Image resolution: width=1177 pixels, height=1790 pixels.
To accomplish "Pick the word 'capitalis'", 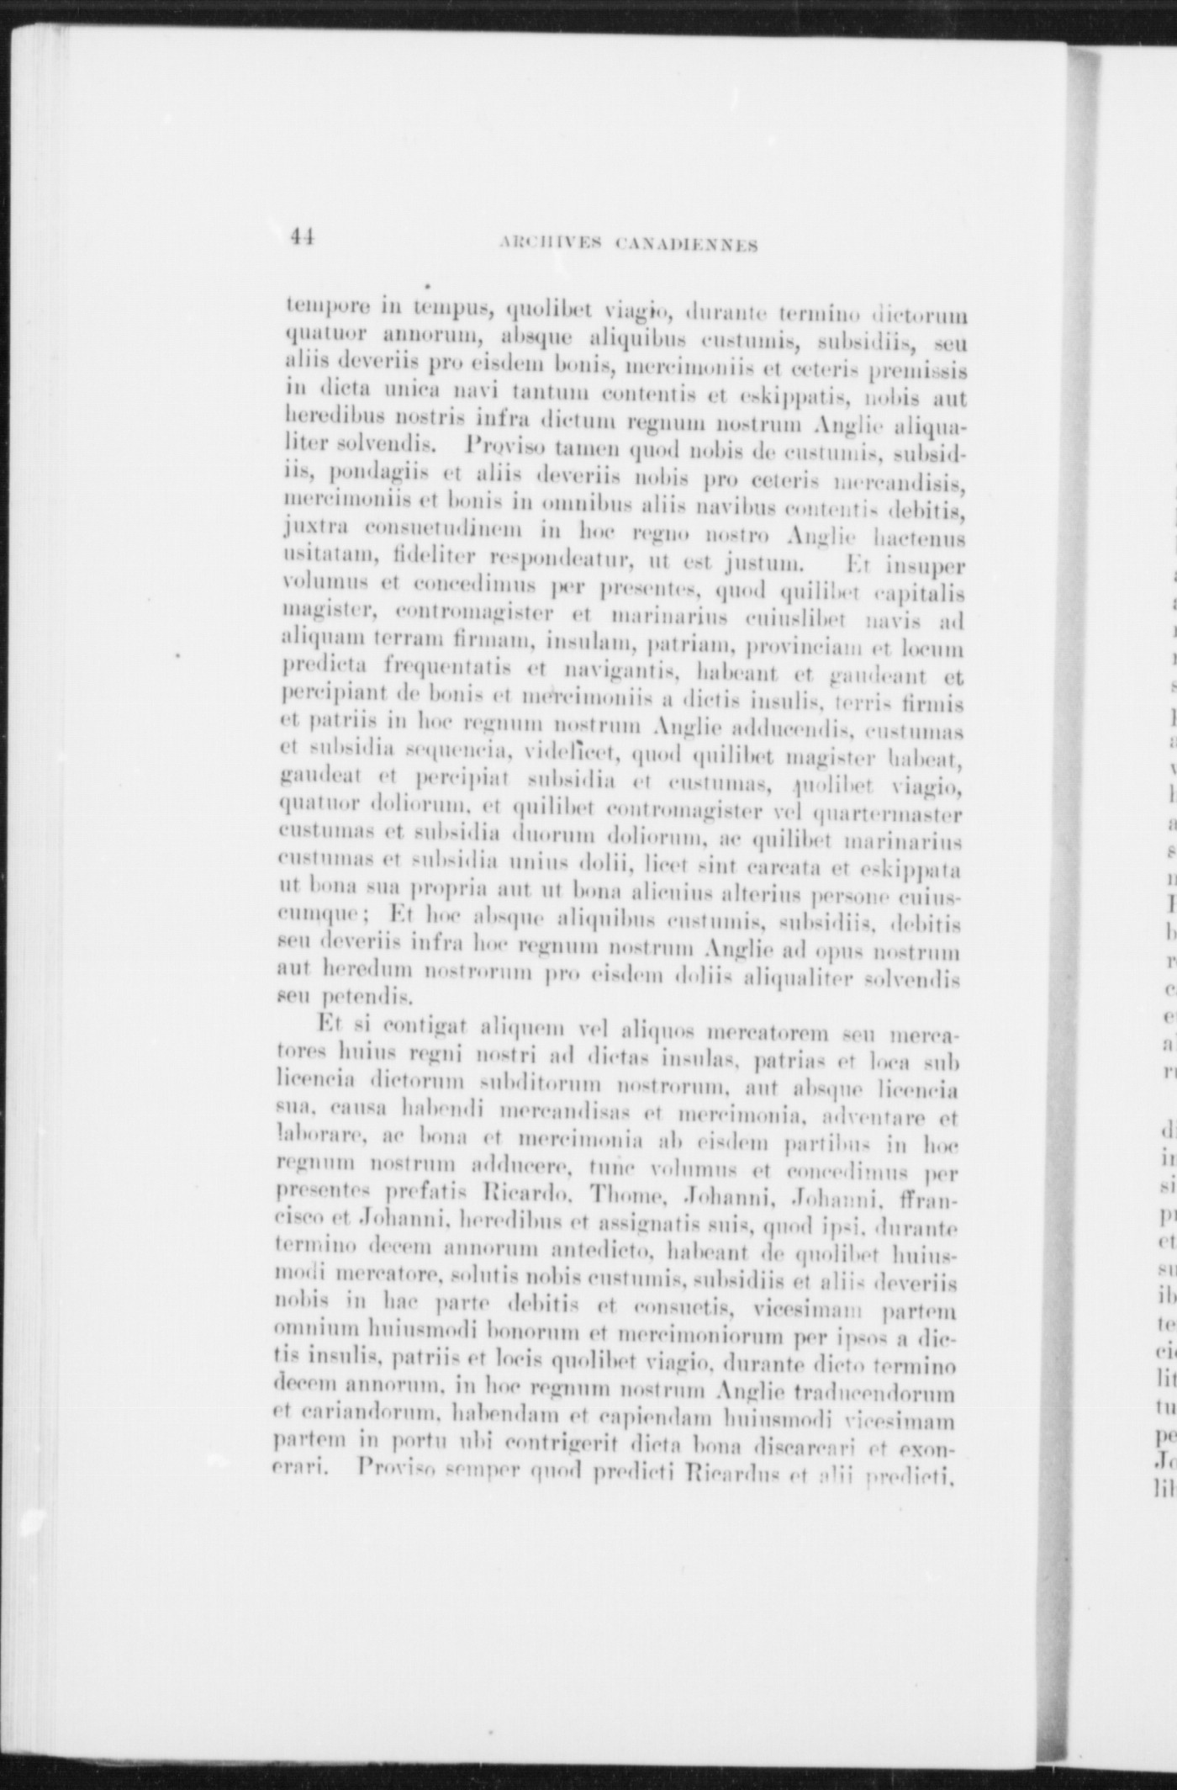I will click(x=924, y=596).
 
